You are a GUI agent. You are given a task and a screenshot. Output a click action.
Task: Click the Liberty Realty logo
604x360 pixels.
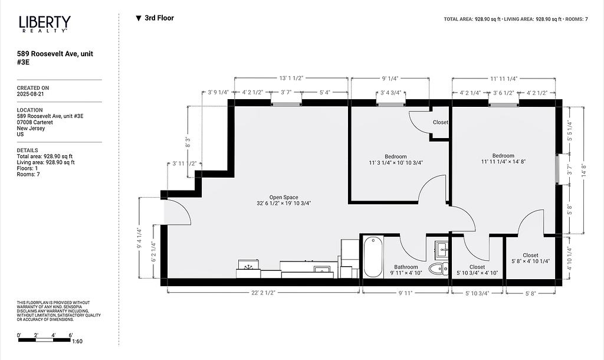tap(45, 24)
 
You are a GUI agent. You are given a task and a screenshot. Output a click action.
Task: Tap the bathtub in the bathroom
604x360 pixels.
tap(373, 257)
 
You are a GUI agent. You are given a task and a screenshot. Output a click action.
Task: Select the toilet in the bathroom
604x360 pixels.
tap(438, 269)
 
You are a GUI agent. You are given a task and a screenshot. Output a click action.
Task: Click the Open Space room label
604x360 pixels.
tap(284, 197)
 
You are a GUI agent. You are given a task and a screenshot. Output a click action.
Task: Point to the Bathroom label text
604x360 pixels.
tap(406, 267)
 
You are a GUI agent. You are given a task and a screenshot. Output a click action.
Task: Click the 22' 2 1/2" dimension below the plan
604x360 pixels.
tap(264, 293)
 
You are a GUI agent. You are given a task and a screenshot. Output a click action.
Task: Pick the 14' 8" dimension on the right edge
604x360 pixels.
tap(584, 170)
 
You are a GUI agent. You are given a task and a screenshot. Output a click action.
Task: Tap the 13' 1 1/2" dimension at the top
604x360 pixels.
tap(291, 78)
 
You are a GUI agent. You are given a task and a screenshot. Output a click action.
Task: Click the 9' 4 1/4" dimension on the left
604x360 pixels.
tap(139, 237)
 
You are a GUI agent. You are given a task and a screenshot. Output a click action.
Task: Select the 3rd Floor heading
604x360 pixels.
tap(155, 18)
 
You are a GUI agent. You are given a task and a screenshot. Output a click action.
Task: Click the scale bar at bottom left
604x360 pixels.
tap(45, 340)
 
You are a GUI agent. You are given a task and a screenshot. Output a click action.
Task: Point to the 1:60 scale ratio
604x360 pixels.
tap(77, 341)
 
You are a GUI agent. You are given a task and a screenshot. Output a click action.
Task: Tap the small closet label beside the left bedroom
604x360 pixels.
tap(440, 122)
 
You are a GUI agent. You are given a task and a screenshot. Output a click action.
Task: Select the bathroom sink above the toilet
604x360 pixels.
tap(441, 249)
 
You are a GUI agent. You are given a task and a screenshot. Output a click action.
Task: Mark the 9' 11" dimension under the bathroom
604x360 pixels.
tap(406, 293)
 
